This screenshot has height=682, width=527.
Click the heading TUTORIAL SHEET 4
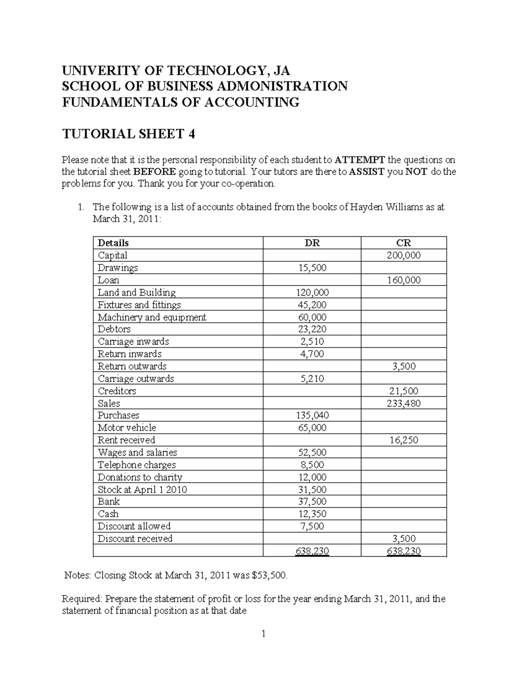(129, 134)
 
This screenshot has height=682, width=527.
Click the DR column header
(312, 243)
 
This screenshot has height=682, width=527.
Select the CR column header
(403, 243)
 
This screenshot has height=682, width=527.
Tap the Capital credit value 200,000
(403, 255)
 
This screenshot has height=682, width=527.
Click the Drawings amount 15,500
(312, 267)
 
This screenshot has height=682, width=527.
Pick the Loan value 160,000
(403, 280)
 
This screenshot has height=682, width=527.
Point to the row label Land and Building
(137, 292)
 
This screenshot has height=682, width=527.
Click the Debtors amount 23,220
(312, 329)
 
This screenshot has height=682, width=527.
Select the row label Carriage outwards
(136, 379)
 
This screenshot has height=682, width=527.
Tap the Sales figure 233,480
(403, 403)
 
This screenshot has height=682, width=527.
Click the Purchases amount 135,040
(312, 415)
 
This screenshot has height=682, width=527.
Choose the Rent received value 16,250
(403, 440)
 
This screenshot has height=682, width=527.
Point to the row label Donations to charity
(140, 477)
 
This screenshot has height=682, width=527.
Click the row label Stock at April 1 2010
(142, 489)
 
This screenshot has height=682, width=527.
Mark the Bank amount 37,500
(312, 502)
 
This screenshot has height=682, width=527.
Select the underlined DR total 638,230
(312, 551)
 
